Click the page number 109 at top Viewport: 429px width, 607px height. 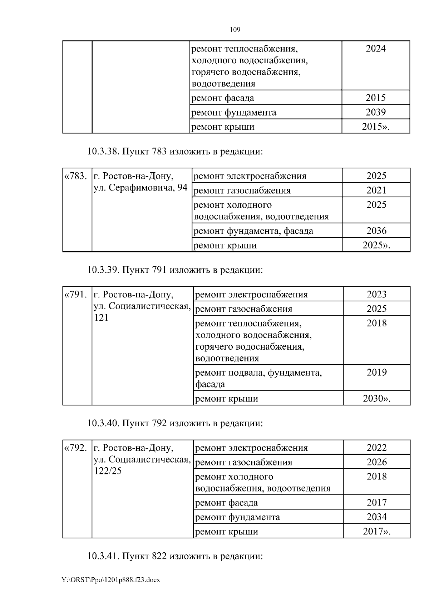click(235, 30)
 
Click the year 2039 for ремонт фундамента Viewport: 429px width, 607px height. click(376, 112)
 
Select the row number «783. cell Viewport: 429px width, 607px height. click(75, 176)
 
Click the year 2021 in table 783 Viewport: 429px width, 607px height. click(376, 190)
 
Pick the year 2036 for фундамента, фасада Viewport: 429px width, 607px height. click(376, 231)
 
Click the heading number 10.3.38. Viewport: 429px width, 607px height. click(103, 151)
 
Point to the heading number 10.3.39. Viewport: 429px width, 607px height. click(103, 270)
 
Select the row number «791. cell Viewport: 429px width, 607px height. click(75, 295)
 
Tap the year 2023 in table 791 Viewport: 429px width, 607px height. click(376, 294)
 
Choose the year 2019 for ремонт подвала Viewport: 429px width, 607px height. click(376, 372)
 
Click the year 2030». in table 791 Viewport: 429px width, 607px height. click(376, 399)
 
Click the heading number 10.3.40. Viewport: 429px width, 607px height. click(103, 423)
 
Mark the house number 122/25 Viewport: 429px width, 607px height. click(108, 471)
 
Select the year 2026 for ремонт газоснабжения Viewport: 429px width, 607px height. click(376, 462)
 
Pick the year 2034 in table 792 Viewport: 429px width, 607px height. click(376, 517)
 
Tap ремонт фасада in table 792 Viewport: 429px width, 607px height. click(226, 503)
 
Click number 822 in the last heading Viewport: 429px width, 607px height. click(159, 557)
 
